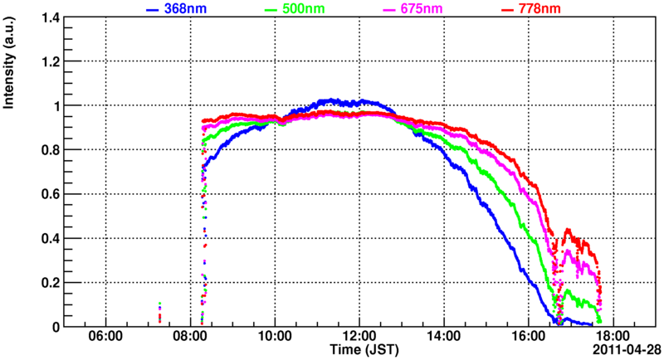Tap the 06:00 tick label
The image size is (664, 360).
(x=105, y=338)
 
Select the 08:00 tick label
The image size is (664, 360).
(x=190, y=338)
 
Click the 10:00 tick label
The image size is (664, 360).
(x=275, y=338)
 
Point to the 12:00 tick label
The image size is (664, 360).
(x=359, y=338)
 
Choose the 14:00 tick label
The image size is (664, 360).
(x=443, y=338)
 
